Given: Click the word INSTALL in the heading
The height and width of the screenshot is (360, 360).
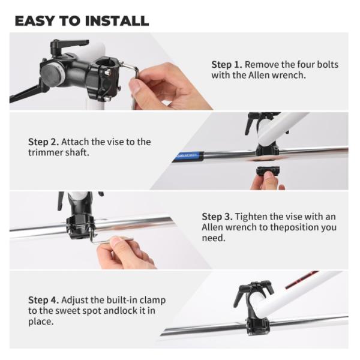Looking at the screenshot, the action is click(x=117, y=21).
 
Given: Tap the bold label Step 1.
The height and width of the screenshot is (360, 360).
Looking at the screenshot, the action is click(x=227, y=65).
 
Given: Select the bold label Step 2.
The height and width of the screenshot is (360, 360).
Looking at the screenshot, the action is click(x=43, y=142).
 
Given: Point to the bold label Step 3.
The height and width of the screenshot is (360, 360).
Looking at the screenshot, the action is click(x=217, y=217).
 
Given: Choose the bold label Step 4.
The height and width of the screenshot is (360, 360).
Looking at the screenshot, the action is click(x=43, y=301).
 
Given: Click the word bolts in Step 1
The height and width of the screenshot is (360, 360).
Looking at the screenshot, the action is click(x=328, y=65).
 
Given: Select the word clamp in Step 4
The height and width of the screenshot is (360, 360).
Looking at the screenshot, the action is click(x=152, y=301).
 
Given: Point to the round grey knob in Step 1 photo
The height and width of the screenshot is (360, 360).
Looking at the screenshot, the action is click(x=51, y=74).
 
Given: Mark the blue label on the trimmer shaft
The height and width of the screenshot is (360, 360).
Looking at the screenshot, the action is click(x=189, y=156).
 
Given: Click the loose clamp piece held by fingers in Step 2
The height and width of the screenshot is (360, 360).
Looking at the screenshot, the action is click(x=268, y=171).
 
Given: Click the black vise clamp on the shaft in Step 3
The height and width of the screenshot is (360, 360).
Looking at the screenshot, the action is click(x=80, y=226).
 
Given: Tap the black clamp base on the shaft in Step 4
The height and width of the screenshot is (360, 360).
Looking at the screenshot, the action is click(x=258, y=326).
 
